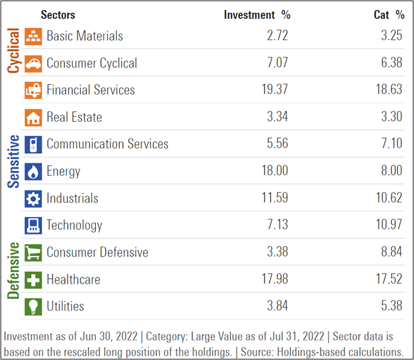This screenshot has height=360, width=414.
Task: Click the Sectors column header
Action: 57,15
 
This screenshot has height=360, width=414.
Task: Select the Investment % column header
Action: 257,15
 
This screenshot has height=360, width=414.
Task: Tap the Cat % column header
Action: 388,15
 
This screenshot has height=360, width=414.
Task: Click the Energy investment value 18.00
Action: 275,171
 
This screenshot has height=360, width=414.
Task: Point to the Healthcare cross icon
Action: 33,279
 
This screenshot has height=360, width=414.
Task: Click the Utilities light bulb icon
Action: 33,306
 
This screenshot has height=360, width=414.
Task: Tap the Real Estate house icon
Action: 33,117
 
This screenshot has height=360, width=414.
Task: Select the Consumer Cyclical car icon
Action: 33,63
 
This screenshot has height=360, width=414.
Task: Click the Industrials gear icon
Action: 33,199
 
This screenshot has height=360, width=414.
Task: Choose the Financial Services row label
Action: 90,90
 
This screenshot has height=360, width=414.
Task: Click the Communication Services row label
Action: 107,144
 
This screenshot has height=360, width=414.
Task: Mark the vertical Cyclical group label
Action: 13,50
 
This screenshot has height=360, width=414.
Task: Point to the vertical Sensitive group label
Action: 13,161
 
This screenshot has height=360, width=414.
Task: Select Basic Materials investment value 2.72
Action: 277,36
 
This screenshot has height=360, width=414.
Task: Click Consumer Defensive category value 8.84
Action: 389,252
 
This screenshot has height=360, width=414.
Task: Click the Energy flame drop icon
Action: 33,171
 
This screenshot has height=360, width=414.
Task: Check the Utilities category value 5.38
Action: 389,306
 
